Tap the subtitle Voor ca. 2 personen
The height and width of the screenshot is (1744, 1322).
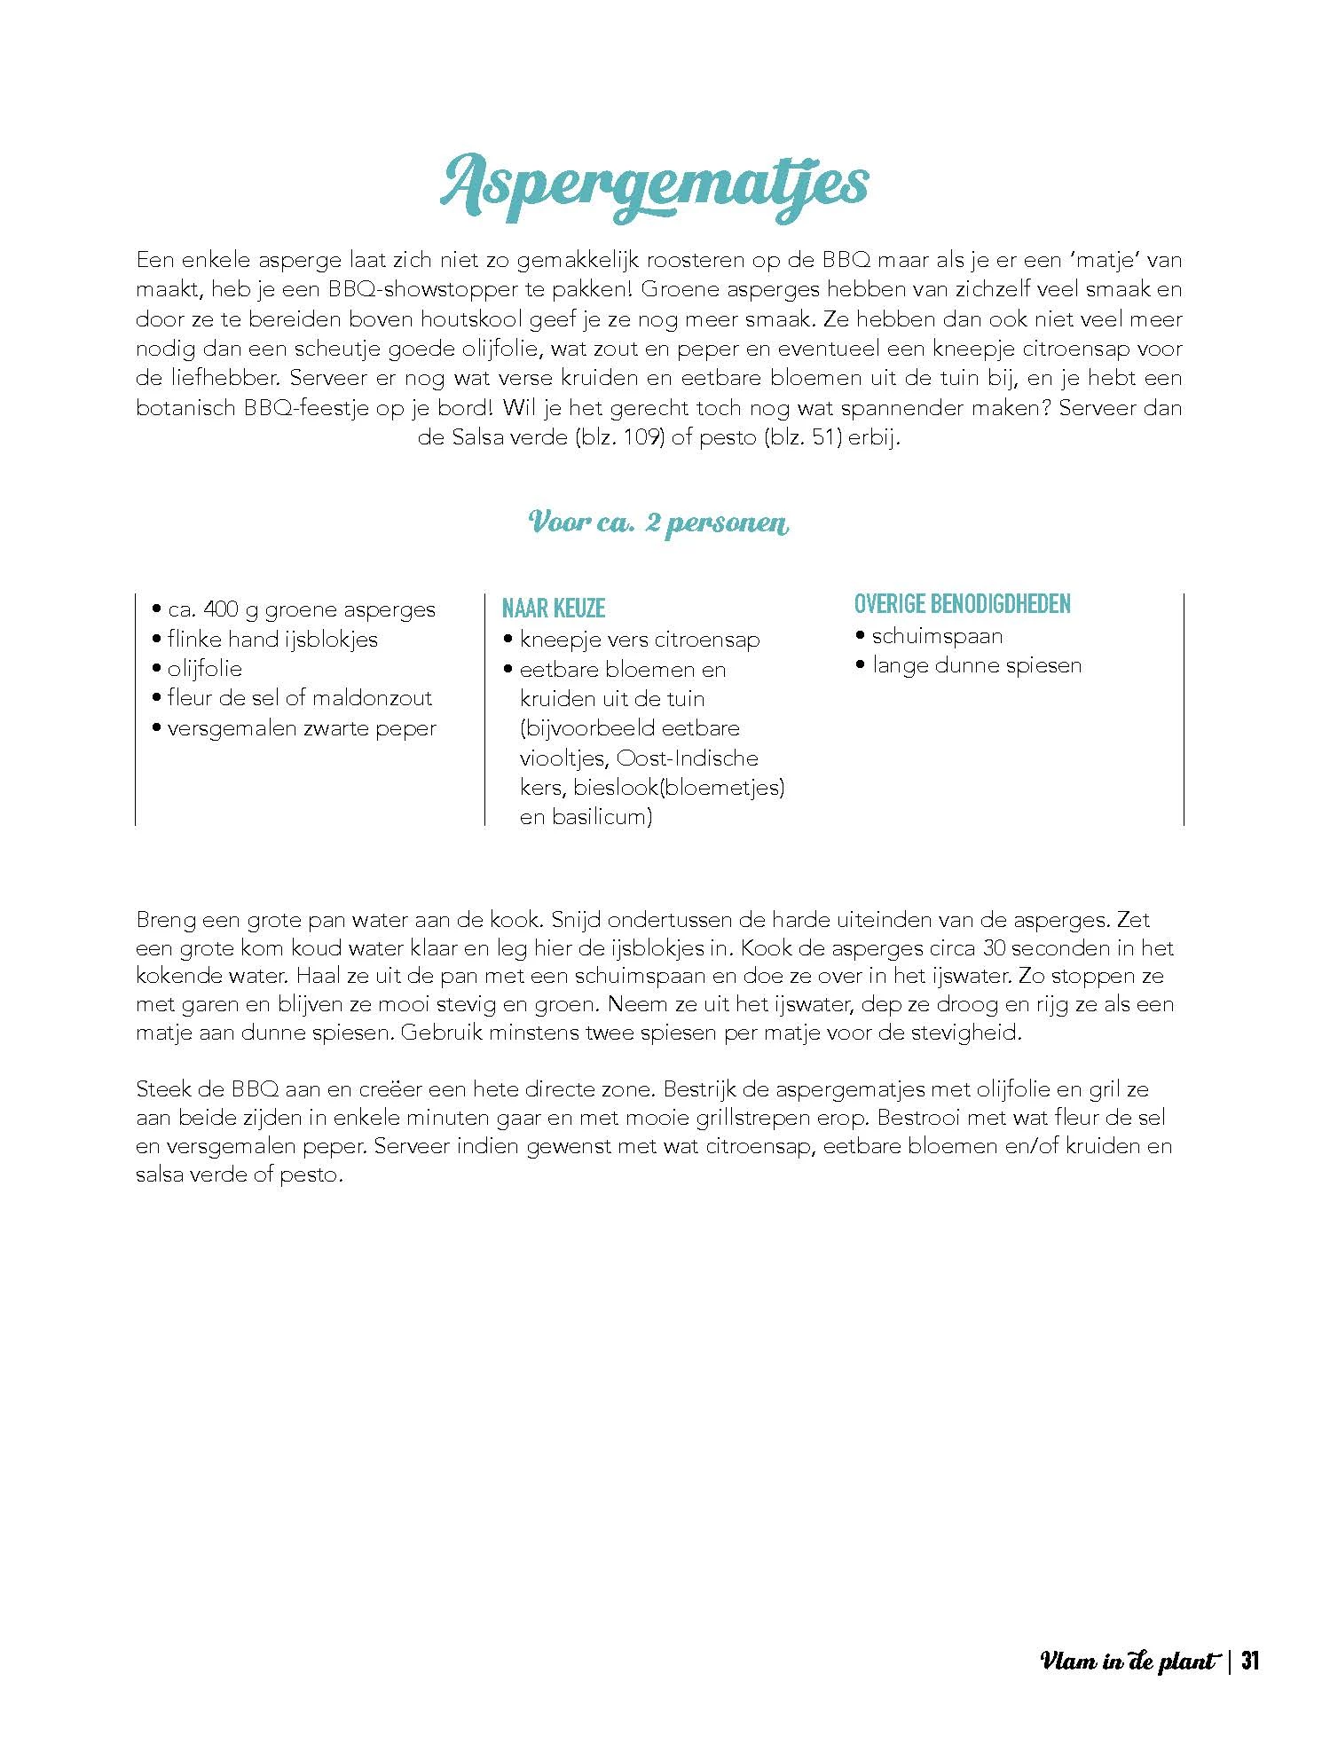click(x=658, y=522)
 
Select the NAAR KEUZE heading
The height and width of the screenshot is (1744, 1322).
click(x=554, y=609)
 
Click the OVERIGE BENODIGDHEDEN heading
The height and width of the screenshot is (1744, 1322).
click(x=963, y=604)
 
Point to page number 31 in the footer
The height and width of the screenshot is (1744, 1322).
click(x=1250, y=1661)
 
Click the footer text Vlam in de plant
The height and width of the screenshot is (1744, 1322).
click(x=1127, y=1662)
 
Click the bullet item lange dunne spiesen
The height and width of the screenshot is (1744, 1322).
click(x=976, y=665)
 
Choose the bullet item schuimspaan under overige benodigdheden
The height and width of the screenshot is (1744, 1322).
click(x=937, y=636)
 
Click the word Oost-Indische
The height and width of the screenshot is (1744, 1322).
click(x=689, y=758)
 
